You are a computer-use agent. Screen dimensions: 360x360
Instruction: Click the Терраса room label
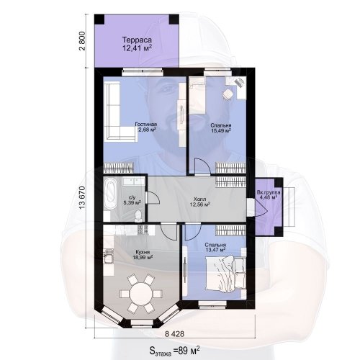(137, 40)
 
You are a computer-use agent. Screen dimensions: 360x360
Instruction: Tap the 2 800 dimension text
(82, 40)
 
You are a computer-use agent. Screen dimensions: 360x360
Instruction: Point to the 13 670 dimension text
(82, 197)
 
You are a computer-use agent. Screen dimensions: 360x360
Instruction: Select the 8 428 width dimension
(174, 334)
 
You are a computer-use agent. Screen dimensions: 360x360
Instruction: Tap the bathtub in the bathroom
(110, 195)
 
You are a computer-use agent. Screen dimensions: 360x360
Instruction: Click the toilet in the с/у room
(138, 215)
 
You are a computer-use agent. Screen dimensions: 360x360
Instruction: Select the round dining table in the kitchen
(141, 294)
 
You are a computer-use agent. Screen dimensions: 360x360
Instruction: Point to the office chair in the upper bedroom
(227, 94)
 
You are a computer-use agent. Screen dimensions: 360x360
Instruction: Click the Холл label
(199, 199)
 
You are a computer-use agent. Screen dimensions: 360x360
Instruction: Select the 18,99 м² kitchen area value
(143, 257)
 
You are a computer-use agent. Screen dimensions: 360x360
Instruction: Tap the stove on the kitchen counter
(140, 230)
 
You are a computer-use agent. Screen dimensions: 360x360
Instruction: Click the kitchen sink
(108, 258)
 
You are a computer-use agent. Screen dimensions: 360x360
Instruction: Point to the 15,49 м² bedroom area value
(221, 130)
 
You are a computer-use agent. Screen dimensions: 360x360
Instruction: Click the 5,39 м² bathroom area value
(132, 203)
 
